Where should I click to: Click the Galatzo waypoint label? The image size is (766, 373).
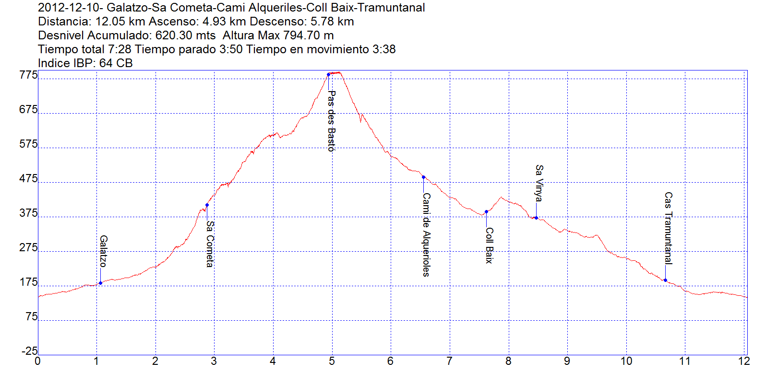pyautogui.click(x=103, y=251)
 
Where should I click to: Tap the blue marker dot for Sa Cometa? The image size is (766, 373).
pyautogui.click(x=207, y=205)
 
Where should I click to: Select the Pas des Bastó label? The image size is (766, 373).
pyautogui.click(x=331, y=121)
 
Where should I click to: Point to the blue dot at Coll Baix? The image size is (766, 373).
pyautogui.click(x=486, y=211)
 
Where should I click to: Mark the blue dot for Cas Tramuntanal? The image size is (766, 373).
pyautogui.click(x=665, y=280)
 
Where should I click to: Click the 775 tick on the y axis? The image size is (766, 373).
pyautogui.click(x=28, y=75)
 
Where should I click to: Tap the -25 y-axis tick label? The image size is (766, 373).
pyautogui.click(x=29, y=351)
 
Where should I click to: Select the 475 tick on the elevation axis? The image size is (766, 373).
pyautogui.click(x=28, y=178)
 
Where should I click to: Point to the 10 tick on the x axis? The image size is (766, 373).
pyautogui.click(x=626, y=361)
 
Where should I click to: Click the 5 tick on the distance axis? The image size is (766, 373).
pyautogui.click(x=332, y=361)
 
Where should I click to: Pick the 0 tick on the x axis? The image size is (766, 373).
pyautogui.click(x=38, y=361)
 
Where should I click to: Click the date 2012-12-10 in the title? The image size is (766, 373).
pyautogui.click(x=67, y=8)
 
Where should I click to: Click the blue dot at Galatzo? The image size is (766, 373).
pyautogui.click(x=100, y=283)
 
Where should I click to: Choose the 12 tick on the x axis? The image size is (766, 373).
pyautogui.click(x=743, y=361)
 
